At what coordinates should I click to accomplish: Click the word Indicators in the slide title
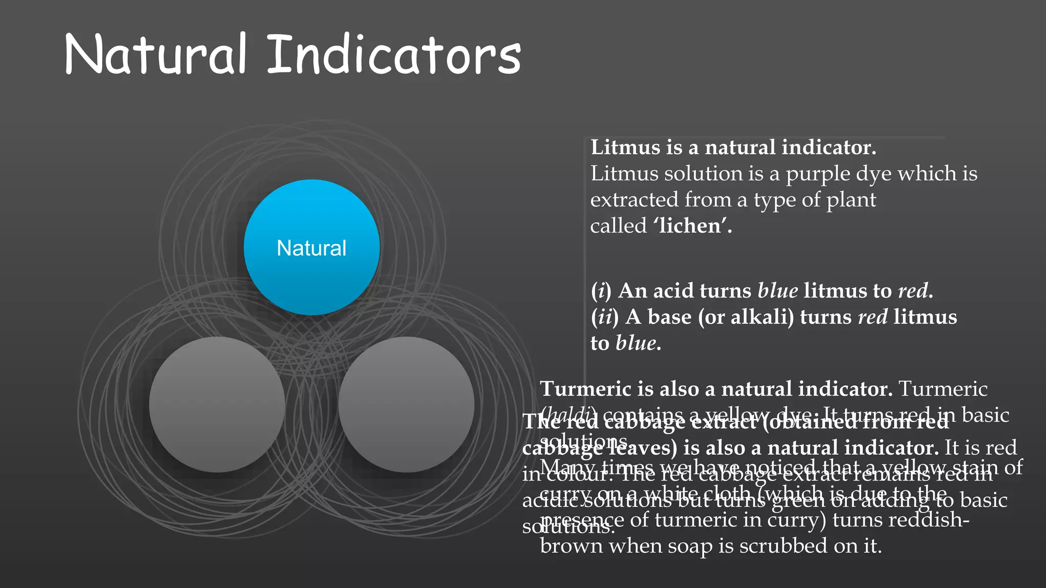[394, 55]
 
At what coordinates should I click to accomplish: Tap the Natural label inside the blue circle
[312, 248]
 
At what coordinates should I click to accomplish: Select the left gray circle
[217, 404]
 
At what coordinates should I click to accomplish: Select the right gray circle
[407, 404]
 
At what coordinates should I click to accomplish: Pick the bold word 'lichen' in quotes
[693, 226]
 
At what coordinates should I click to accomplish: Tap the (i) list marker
[601, 291]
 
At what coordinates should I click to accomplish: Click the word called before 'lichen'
[619, 226]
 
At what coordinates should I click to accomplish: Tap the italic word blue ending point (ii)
[636, 343]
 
